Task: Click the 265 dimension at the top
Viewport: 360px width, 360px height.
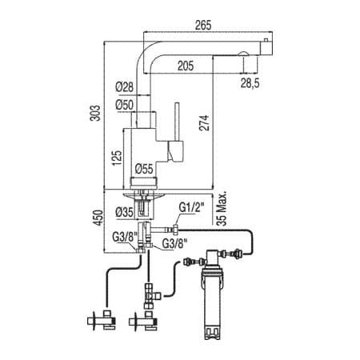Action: tap(203, 25)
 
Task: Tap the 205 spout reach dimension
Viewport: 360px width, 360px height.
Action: tap(186, 66)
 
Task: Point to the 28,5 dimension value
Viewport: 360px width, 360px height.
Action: tap(250, 83)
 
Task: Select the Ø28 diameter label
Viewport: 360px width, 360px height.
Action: tap(124, 87)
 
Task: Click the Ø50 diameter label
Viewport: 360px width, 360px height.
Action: tap(124, 105)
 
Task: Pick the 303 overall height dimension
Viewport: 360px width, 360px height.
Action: tap(95, 113)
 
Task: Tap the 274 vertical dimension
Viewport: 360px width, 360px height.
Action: tap(204, 122)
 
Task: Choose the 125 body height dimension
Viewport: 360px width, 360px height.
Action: tap(117, 158)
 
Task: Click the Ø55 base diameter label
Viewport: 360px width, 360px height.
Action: tap(144, 169)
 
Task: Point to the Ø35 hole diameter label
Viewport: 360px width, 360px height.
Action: tap(124, 213)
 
